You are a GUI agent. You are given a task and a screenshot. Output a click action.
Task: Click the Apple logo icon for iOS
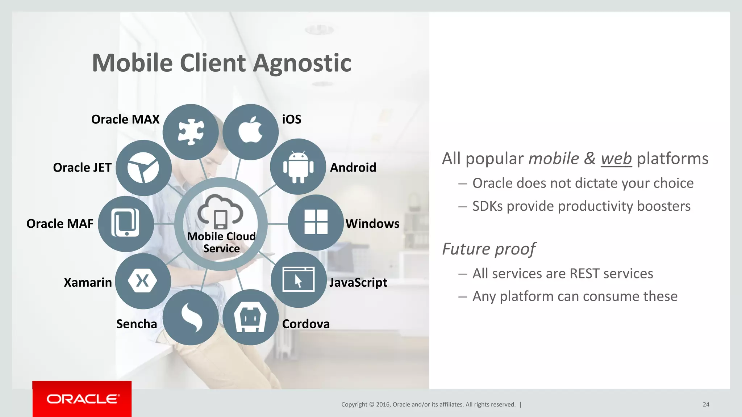point(250,131)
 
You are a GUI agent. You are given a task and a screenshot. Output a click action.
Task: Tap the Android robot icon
point(298,167)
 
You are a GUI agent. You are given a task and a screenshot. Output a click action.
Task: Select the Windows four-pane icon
point(316,222)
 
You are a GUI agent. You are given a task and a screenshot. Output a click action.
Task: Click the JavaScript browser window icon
point(299,279)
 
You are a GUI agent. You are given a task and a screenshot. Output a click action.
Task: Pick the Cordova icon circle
point(250,317)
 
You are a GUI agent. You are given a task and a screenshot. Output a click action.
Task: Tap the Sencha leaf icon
point(191,317)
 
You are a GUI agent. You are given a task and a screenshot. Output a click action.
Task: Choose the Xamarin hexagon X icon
point(142,281)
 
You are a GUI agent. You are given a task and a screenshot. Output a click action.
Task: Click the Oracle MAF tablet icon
point(126,223)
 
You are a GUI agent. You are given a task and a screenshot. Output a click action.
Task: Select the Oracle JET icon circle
point(143,168)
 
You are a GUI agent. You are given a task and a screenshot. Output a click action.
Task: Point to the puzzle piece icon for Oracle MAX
point(191,132)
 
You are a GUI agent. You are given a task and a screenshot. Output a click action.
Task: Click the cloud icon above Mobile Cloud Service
point(220,212)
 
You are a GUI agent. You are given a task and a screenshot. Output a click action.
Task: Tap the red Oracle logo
point(82,399)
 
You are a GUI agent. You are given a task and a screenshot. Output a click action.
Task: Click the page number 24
point(706,404)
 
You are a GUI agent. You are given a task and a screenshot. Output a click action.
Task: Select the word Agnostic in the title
point(302,63)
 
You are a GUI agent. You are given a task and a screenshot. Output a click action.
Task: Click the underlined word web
point(616,159)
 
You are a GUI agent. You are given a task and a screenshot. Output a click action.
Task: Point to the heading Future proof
point(489,249)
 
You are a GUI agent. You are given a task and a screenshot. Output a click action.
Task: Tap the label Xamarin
point(88,282)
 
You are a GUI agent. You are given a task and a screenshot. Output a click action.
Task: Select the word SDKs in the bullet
point(488,206)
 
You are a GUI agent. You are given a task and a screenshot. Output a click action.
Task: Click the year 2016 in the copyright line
point(383,404)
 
